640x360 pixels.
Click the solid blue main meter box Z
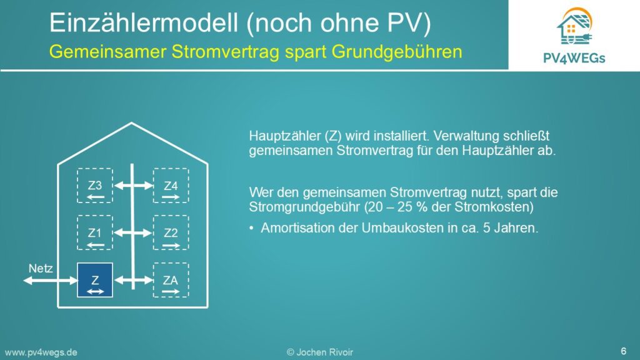[95, 280]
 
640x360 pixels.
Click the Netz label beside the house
[41, 268]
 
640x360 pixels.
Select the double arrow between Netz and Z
[50, 281]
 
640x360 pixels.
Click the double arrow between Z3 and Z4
[134, 186]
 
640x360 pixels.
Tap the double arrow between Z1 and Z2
[134, 233]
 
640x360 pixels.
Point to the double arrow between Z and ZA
[134, 281]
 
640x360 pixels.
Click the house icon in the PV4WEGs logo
[574, 26]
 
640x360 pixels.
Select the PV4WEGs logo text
[574, 58]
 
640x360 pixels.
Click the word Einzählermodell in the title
[144, 22]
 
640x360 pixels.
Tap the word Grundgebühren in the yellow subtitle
[397, 52]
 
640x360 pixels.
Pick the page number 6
[623, 351]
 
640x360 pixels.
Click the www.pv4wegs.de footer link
[41, 352]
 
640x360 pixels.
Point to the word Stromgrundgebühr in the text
[304, 207]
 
